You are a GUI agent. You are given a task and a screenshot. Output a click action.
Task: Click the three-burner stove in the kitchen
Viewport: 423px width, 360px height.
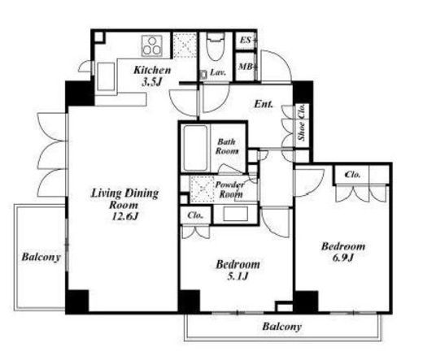(152, 46)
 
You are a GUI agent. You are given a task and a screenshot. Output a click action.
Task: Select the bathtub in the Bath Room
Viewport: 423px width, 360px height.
(195, 148)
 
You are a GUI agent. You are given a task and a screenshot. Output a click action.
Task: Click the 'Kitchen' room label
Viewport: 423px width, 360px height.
(152, 70)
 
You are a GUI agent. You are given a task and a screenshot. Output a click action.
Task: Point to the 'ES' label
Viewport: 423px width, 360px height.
(246, 40)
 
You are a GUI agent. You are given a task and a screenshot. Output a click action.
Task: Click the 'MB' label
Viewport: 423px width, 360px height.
(246, 67)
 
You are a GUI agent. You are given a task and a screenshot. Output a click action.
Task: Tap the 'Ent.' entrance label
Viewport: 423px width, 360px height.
(264, 104)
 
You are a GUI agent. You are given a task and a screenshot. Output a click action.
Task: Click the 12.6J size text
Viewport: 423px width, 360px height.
(125, 216)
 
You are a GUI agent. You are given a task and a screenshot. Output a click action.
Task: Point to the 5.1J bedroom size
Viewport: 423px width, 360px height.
(238, 276)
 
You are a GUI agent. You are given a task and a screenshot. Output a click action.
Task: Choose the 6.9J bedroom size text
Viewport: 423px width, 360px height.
(343, 258)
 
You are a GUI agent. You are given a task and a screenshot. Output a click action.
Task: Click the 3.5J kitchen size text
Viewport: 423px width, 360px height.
(152, 81)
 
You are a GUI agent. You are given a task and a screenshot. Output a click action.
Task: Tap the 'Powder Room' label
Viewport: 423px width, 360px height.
(230, 189)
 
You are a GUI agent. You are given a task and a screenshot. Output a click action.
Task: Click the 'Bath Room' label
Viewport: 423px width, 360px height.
(227, 146)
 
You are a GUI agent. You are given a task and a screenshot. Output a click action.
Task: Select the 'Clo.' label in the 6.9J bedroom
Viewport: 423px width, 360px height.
(352, 175)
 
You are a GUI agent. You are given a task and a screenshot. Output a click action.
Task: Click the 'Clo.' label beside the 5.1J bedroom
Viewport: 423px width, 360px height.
(195, 215)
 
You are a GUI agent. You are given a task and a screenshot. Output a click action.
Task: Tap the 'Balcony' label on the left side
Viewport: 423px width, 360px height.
(41, 257)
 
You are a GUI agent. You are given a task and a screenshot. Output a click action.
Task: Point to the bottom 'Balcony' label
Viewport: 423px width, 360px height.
(282, 327)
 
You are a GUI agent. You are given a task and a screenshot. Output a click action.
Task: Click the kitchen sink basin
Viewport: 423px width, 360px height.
(106, 76)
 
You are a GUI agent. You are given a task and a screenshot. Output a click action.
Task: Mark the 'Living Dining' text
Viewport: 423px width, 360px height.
(124, 193)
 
